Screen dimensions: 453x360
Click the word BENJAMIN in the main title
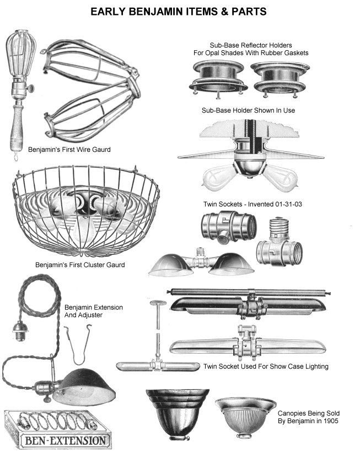pos(162,10)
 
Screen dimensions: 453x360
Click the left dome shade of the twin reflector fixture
pos(171,265)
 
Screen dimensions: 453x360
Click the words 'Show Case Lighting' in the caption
pos(298,366)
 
